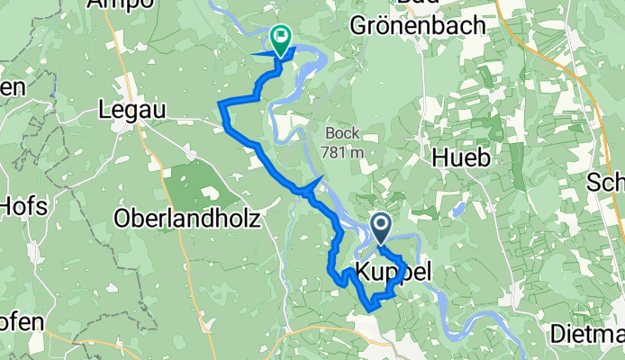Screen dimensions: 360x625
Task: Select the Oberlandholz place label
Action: coord(187,218)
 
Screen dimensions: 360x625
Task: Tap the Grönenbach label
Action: coord(430,26)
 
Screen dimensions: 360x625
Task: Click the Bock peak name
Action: coord(343,134)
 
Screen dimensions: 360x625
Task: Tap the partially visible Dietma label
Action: coord(588,334)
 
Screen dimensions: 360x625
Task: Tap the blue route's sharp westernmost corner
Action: coord(222,106)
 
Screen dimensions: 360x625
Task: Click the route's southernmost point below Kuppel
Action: coord(369,310)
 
